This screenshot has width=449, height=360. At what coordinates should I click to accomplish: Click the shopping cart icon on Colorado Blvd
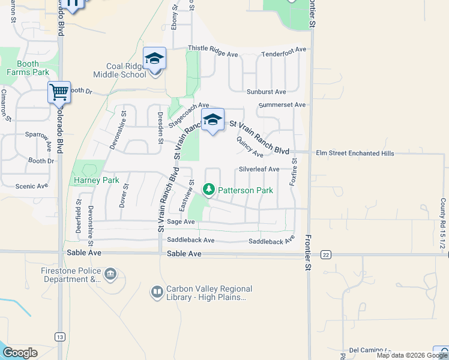pyautogui.click(x=59, y=92)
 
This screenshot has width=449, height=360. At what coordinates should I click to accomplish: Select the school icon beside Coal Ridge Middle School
pyautogui.click(x=154, y=58)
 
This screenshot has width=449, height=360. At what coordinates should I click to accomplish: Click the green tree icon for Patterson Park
pyautogui.click(x=209, y=190)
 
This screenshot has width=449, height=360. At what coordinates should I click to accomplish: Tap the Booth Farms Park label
pyautogui.click(x=28, y=68)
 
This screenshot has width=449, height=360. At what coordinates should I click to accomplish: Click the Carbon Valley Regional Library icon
pyautogui.click(x=157, y=292)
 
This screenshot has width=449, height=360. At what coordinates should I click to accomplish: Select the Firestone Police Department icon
pyautogui.click(x=110, y=275)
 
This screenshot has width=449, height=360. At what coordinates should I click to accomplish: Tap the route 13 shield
pyautogui.click(x=59, y=337)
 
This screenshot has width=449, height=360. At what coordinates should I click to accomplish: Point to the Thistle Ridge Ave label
pyautogui.click(x=213, y=50)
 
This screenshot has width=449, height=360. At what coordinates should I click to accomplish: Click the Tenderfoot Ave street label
pyautogui.click(x=284, y=55)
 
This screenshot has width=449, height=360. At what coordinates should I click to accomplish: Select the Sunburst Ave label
pyautogui.click(x=266, y=92)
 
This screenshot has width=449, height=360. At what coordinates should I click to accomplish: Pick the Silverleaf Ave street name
pyautogui.click(x=259, y=169)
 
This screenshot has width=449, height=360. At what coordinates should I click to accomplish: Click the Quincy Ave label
pyautogui.click(x=250, y=147)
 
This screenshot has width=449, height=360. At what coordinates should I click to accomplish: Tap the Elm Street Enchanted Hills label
pyautogui.click(x=355, y=154)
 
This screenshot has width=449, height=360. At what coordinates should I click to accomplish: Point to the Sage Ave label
pyautogui.click(x=181, y=221)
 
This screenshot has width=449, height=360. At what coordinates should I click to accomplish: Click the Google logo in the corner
pyautogui.click(x=20, y=353)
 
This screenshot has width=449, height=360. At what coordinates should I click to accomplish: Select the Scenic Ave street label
pyautogui.click(x=31, y=186)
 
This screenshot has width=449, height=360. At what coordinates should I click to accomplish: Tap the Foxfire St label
pyautogui.click(x=294, y=172)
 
